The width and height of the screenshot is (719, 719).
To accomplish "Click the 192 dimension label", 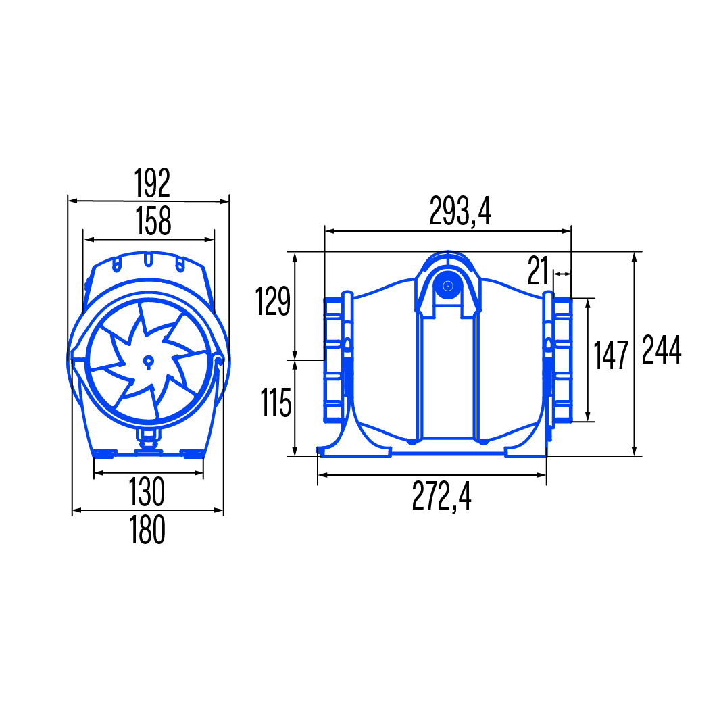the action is [152, 183].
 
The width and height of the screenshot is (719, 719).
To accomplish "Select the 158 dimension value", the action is [153, 221].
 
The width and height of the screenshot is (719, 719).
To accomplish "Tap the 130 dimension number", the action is [147, 492].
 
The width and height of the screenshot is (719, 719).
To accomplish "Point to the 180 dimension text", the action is [147, 530].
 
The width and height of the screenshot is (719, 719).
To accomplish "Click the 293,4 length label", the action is [460, 211].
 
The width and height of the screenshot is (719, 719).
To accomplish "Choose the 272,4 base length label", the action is [441, 496].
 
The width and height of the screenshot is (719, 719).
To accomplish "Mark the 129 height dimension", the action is [273, 301].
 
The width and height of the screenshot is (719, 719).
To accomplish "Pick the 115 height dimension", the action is [276, 403].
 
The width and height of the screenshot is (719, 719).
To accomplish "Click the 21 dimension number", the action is [537, 270].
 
